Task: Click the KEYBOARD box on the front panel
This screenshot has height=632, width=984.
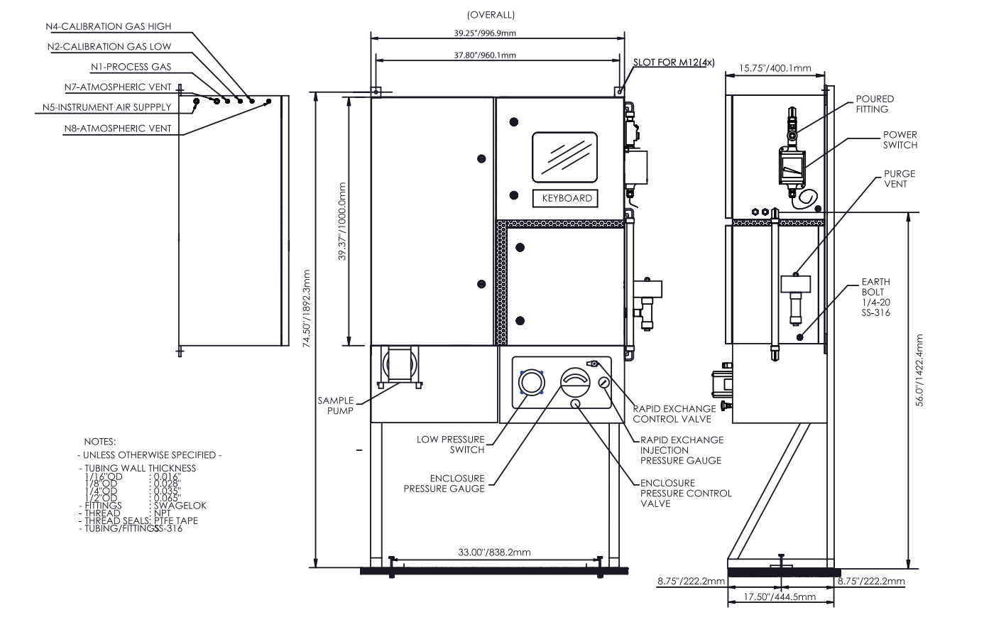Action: pyautogui.click(x=565, y=198)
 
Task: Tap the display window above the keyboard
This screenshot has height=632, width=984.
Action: pyautogui.click(x=564, y=158)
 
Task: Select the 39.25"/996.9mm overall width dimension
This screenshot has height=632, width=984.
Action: pyautogui.click(x=485, y=33)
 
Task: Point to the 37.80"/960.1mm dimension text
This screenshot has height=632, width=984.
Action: pyautogui.click(x=485, y=55)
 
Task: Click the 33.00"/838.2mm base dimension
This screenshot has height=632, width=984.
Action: pyautogui.click(x=494, y=552)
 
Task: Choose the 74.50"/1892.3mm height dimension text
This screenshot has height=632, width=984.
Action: pyautogui.click(x=307, y=308)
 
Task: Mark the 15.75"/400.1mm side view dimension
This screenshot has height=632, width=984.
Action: pyautogui.click(x=775, y=68)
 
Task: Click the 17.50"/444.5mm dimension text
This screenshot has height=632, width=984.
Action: pyautogui.click(x=780, y=596)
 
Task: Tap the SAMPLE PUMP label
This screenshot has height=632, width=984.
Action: pyautogui.click(x=336, y=405)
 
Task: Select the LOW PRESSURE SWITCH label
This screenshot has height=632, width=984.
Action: pyautogui.click(x=451, y=445)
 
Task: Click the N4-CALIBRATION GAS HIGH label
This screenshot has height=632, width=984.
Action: pyautogui.click(x=109, y=26)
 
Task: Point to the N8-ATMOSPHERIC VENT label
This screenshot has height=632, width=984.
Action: pyautogui.click(x=118, y=129)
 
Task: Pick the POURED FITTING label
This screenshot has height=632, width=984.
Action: pyautogui.click(x=875, y=104)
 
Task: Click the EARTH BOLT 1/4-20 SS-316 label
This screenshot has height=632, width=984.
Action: pyautogui.click(x=876, y=297)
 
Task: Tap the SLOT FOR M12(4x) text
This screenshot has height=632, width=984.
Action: pyautogui.click(x=674, y=62)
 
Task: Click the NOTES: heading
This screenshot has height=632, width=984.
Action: pyautogui.click(x=99, y=442)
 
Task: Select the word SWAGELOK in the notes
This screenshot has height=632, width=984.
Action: pyautogui.click(x=180, y=506)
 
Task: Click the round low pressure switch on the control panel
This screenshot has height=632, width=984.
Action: pyautogui.click(x=532, y=382)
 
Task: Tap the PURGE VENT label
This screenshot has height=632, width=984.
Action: pyautogui.click(x=900, y=179)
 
